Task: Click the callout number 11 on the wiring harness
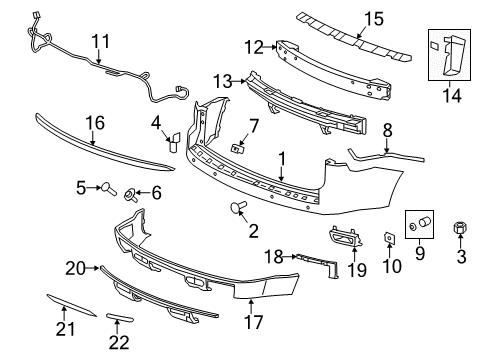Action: [x=101, y=42]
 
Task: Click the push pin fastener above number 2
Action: [x=238, y=208]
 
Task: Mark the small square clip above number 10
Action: [x=386, y=236]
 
